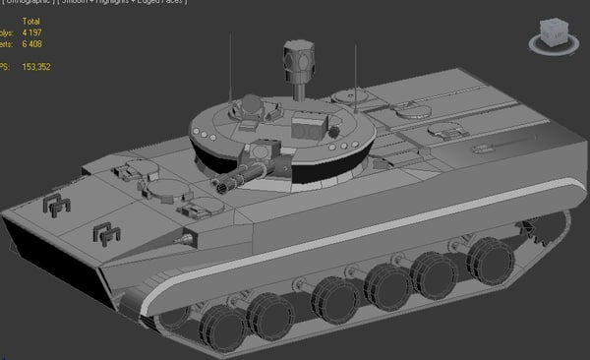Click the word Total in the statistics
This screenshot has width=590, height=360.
coord(32,20)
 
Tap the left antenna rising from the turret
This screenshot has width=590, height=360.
coord(231,69)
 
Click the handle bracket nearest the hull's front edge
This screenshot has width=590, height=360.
coord(58,205)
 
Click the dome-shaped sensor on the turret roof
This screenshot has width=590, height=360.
coord(252,103)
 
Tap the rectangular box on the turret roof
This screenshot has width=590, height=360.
coord(309,125)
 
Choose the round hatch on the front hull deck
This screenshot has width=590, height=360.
coord(161,189)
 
